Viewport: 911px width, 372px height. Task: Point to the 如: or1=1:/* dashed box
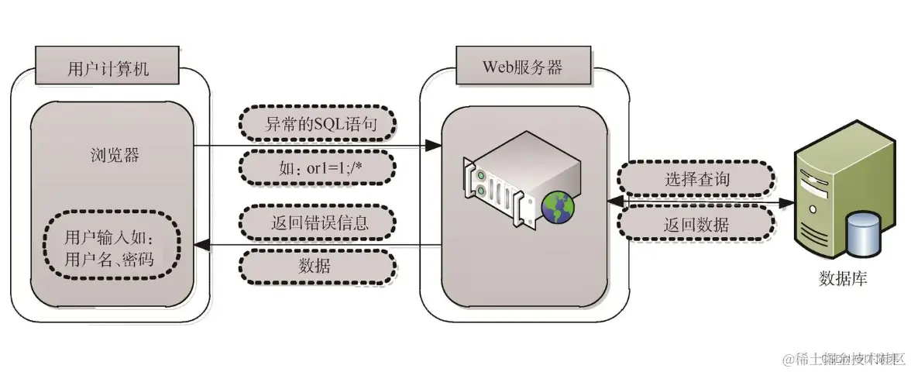(317, 166)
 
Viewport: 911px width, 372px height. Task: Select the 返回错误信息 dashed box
(317, 223)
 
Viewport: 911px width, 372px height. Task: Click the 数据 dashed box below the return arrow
(317, 267)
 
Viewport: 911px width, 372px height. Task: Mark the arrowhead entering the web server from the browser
(435, 146)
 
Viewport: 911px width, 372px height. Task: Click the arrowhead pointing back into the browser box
(199, 246)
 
